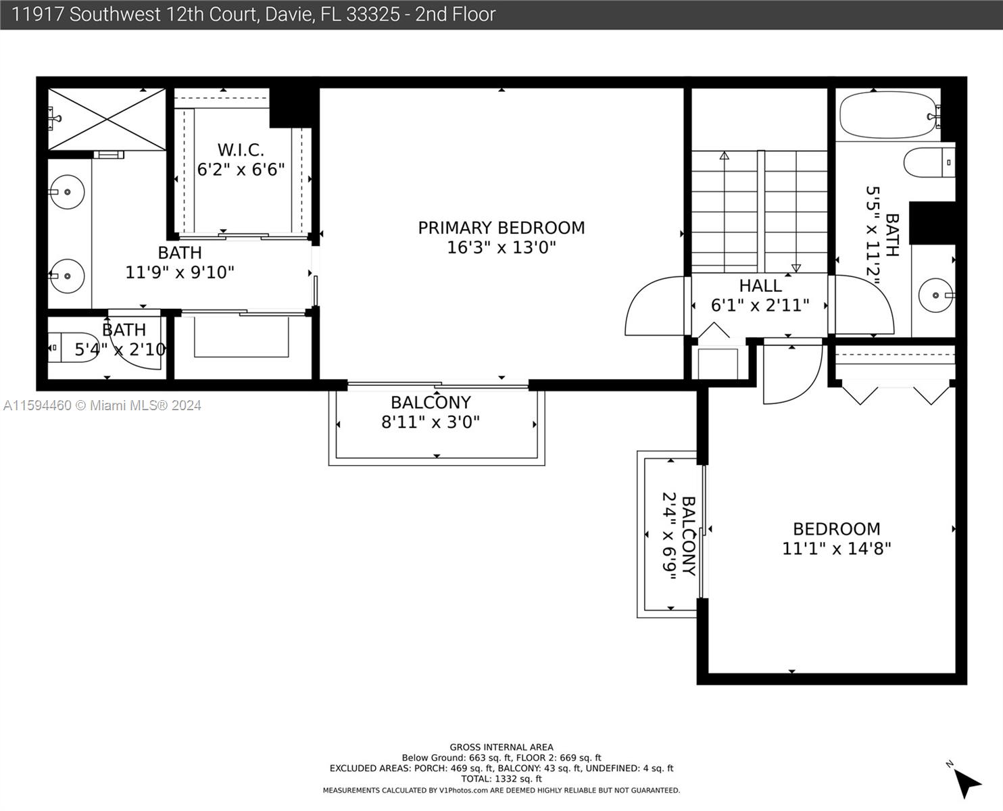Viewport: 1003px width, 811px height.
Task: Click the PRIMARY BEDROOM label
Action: (501, 228)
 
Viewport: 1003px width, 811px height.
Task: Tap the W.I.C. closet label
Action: (241, 150)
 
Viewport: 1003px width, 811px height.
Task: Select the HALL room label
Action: (760, 286)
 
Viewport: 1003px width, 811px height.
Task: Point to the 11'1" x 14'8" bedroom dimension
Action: (836, 549)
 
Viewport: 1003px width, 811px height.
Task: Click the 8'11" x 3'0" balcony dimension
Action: (431, 422)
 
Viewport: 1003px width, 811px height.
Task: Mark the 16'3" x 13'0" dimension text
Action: (501, 247)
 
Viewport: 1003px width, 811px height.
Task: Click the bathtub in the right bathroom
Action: (887, 116)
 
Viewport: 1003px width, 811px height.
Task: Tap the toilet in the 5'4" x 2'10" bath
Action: (74, 347)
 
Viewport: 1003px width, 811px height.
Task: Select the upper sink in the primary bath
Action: (67, 192)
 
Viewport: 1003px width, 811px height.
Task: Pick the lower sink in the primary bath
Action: (67, 276)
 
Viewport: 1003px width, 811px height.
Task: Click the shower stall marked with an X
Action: (107, 120)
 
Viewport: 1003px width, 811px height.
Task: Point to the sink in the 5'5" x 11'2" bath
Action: (936, 295)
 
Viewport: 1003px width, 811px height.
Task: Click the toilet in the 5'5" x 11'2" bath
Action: (929, 162)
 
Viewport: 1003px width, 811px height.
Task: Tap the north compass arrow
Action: (967, 784)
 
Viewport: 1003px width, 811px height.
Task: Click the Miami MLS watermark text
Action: (102, 405)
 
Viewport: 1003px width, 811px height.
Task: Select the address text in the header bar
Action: (253, 15)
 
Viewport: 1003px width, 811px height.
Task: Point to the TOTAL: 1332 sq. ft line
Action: (501, 779)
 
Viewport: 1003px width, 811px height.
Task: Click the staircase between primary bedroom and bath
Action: (759, 212)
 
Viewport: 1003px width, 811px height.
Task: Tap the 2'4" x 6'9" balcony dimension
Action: (669, 536)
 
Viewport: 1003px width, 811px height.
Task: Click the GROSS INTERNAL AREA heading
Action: (501, 747)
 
